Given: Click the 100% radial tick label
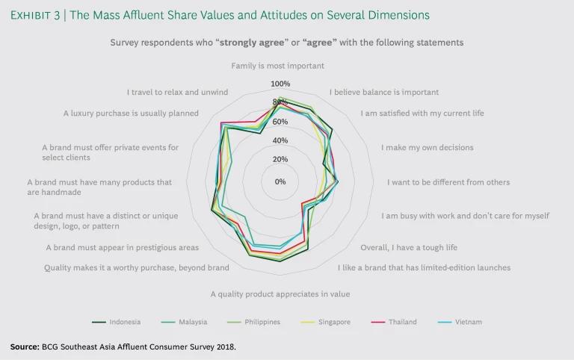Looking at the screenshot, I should pyautogui.click(x=280, y=84).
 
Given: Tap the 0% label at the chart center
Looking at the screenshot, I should pyautogui.click(x=280, y=181).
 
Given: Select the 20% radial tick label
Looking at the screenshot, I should pyautogui.click(x=280, y=159).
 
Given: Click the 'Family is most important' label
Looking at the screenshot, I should pyautogui.click(x=277, y=66).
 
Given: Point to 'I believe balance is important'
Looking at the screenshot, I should pyautogui.click(x=384, y=93).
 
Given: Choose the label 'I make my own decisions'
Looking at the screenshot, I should pyautogui.click(x=427, y=148).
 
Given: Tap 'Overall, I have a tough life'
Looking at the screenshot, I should pyautogui.click(x=409, y=247).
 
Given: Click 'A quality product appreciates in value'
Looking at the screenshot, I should pyautogui.click(x=280, y=294).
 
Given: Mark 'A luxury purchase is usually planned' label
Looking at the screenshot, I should pyautogui.click(x=131, y=114).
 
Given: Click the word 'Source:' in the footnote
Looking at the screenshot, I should pyautogui.click(x=25, y=347).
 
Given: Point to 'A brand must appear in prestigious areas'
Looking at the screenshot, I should pyautogui.click(x=122, y=247).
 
